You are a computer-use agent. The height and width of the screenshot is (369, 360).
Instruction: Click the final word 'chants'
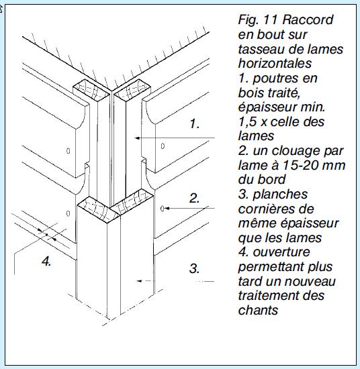click(257, 311)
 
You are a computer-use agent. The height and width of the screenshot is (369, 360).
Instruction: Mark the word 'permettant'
click(269, 267)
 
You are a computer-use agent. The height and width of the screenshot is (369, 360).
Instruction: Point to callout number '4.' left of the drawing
click(46, 262)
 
